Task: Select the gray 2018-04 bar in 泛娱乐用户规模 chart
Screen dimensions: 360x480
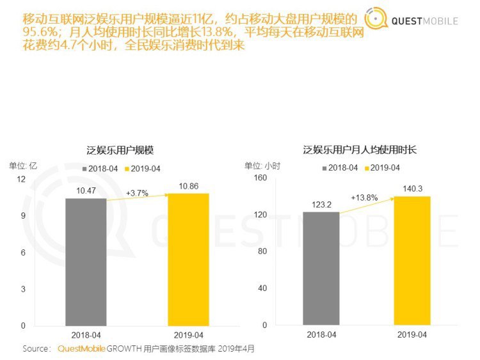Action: click(x=86, y=262)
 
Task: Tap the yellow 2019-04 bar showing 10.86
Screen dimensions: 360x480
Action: click(x=188, y=259)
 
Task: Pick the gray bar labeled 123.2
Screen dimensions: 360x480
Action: click(x=321, y=268)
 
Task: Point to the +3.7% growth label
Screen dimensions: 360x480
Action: click(x=137, y=192)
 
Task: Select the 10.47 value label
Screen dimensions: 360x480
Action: click(x=86, y=191)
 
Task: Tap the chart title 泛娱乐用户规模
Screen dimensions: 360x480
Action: click(x=120, y=150)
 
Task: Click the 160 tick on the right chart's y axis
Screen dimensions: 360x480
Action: click(x=260, y=178)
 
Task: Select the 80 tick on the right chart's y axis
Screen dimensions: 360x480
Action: click(x=262, y=251)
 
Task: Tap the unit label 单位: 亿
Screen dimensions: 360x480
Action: click(x=23, y=165)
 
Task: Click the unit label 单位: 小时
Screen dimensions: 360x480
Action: click(x=263, y=165)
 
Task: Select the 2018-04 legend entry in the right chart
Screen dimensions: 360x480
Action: click(x=339, y=168)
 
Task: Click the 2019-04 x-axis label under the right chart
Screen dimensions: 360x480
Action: click(x=412, y=334)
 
